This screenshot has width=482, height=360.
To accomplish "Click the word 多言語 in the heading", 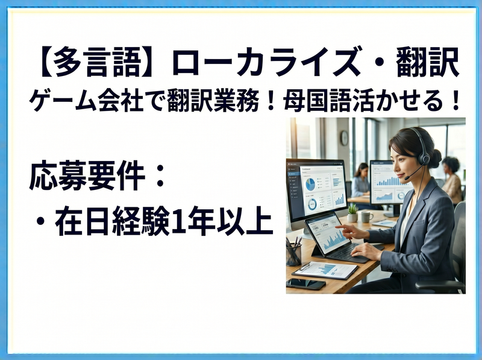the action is click(x=97, y=63).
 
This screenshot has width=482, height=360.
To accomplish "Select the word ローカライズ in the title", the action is click(x=268, y=63).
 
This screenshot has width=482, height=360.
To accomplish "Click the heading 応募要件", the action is click(x=87, y=177).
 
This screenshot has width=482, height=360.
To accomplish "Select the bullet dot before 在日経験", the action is click(x=39, y=221).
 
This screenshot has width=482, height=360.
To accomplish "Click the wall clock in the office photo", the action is click(x=344, y=138).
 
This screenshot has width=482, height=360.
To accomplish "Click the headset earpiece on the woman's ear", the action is click(x=425, y=159).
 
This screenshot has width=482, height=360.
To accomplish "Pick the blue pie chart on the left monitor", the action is click(x=310, y=185).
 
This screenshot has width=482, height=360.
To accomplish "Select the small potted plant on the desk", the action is click(x=352, y=213).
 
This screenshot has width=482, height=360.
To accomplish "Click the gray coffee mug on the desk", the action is click(x=366, y=216).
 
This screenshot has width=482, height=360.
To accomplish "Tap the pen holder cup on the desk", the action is click(x=293, y=254).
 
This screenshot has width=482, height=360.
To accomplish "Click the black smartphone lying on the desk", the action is click(x=305, y=283).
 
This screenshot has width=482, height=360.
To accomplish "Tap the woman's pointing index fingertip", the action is click(x=336, y=227).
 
